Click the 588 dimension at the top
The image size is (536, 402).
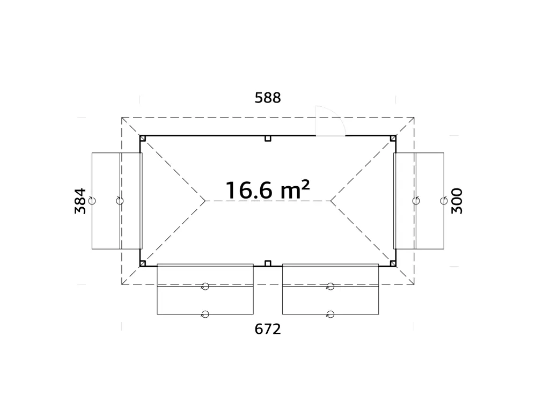point(268,98)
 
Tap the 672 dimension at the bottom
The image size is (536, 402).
point(268,329)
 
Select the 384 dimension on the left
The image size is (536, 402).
point(80,201)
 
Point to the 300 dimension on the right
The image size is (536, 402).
point(457,201)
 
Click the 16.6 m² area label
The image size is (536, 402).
point(267,190)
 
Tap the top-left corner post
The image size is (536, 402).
point(143,138)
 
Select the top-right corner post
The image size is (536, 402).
point(393,138)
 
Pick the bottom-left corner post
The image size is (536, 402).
point(143,263)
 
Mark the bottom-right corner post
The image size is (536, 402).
point(393,263)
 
